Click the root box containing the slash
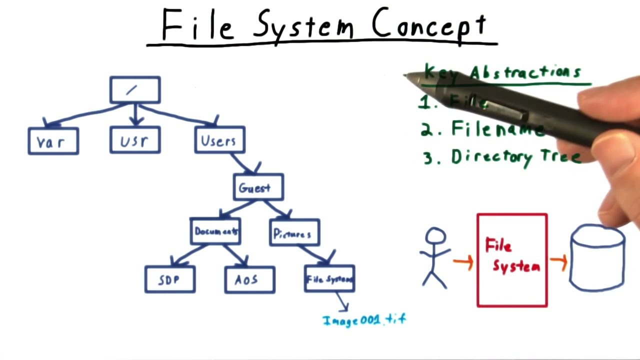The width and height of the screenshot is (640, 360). [135, 90]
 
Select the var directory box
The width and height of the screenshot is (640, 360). [53, 141]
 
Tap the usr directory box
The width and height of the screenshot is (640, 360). [135, 140]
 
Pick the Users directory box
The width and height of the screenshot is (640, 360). [219, 140]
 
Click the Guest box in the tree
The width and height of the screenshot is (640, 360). [258, 187]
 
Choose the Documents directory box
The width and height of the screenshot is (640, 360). [215, 231]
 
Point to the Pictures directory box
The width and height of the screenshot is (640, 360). [294, 233]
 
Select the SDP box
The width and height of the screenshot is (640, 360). [170, 279]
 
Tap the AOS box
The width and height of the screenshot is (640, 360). [249, 279]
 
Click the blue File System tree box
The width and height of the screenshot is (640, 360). [329, 279]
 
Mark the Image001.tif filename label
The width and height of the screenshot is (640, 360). [364, 319]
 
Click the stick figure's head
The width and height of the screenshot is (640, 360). [435, 236]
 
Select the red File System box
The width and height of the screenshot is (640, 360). [512, 260]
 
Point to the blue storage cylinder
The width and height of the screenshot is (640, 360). [597, 257]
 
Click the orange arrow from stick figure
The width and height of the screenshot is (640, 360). [463, 262]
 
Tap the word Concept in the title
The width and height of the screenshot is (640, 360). [429, 25]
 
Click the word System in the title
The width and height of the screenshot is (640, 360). [303, 25]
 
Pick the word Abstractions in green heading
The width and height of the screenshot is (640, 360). [525, 73]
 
